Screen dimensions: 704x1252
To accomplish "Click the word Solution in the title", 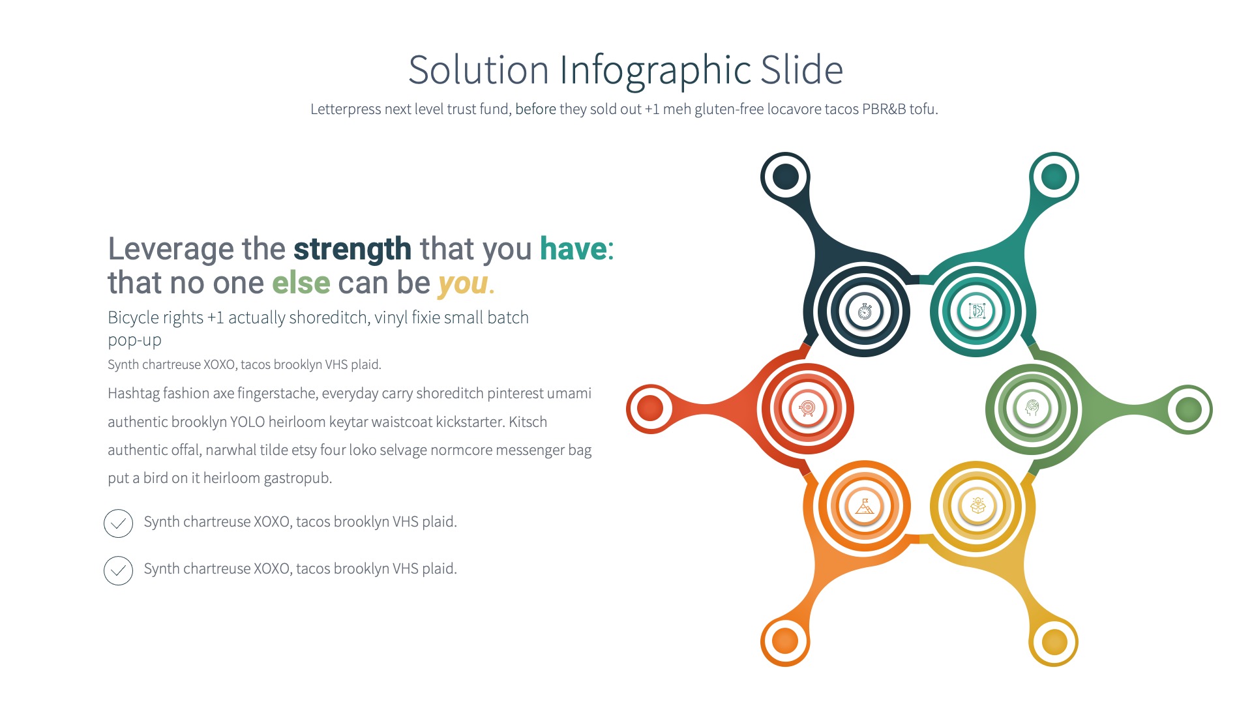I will point(478,70).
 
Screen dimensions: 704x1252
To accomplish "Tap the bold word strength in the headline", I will point(352,249).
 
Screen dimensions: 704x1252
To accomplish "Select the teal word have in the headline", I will point(573,249).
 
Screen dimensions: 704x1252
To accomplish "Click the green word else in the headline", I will point(301,283).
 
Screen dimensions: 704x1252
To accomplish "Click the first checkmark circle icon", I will point(118,523).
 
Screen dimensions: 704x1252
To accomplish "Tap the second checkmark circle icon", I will point(118,570).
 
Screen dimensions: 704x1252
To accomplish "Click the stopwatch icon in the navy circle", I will point(865,312).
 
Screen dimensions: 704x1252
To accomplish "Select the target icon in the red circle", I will point(807,409).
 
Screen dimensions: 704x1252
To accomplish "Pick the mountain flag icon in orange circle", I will point(865,506).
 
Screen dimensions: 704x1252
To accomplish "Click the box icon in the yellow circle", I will point(977,506).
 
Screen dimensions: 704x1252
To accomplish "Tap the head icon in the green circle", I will point(1032,409).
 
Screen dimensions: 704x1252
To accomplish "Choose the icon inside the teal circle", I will point(977,311).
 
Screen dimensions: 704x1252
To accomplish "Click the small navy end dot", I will point(785,177).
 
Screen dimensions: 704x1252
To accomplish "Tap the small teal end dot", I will point(1054,177).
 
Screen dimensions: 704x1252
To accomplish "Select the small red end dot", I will point(650,409).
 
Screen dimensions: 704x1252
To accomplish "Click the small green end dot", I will point(1188,409).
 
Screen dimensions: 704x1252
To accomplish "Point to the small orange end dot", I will point(785,641).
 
